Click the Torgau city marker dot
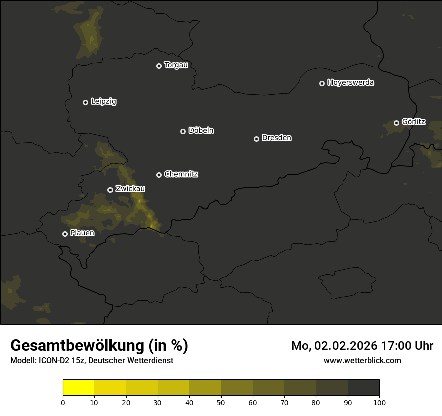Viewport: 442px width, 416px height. pyautogui.click(x=159, y=66)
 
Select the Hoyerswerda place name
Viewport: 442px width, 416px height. pyautogui.click(x=351, y=83)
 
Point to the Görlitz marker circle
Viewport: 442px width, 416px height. pyautogui.click(x=396, y=123)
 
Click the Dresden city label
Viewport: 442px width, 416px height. pyautogui.click(x=276, y=138)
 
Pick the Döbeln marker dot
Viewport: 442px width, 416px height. pyautogui.click(x=183, y=131)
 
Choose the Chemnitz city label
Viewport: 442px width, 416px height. pyautogui.click(x=181, y=174)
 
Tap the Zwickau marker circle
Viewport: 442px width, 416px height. pyautogui.click(x=110, y=190)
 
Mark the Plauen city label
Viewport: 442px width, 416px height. pyautogui.click(x=82, y=233)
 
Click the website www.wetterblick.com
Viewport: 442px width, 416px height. pyautogui.click(x=363, y=360)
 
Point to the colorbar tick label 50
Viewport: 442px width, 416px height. pyautogui.click(x=221, y=402)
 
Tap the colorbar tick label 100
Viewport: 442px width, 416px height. pyautogui.click(x=379, y=402)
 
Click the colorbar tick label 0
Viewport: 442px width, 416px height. pyautogui.click(x=63, y=402)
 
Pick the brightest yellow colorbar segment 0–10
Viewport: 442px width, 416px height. pyautogui.click(x=78, y=388)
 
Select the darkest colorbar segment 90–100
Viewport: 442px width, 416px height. pyautogui.click(x=363, y=388)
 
